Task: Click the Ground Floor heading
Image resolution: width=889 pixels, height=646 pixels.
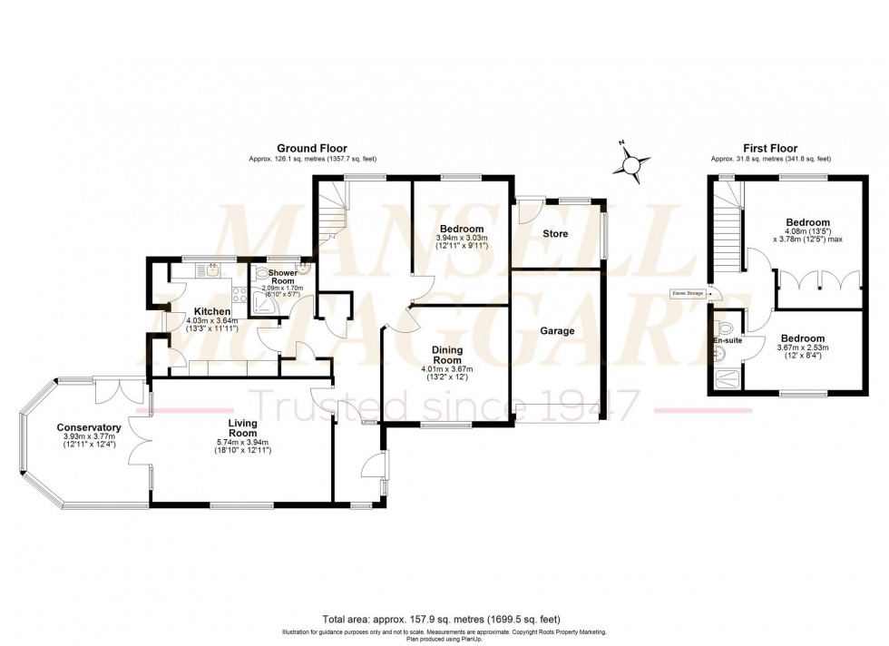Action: click(x=311, y=149)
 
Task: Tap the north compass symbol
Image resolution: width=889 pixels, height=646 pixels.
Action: click(x=631, y=163)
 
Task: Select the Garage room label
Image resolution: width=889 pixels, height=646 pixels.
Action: click(x=556, y=331)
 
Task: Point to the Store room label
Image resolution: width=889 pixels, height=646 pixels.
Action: click(x=555, y=234)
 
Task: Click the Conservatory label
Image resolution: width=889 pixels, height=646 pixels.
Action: click(x=89, y=427)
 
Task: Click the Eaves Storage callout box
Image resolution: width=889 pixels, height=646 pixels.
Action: click(x=686, y=293)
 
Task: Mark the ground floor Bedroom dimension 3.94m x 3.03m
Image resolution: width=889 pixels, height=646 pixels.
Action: click(x=461, y=238)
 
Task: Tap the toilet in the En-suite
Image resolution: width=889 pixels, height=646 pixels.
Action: click(x=725, y=328)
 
